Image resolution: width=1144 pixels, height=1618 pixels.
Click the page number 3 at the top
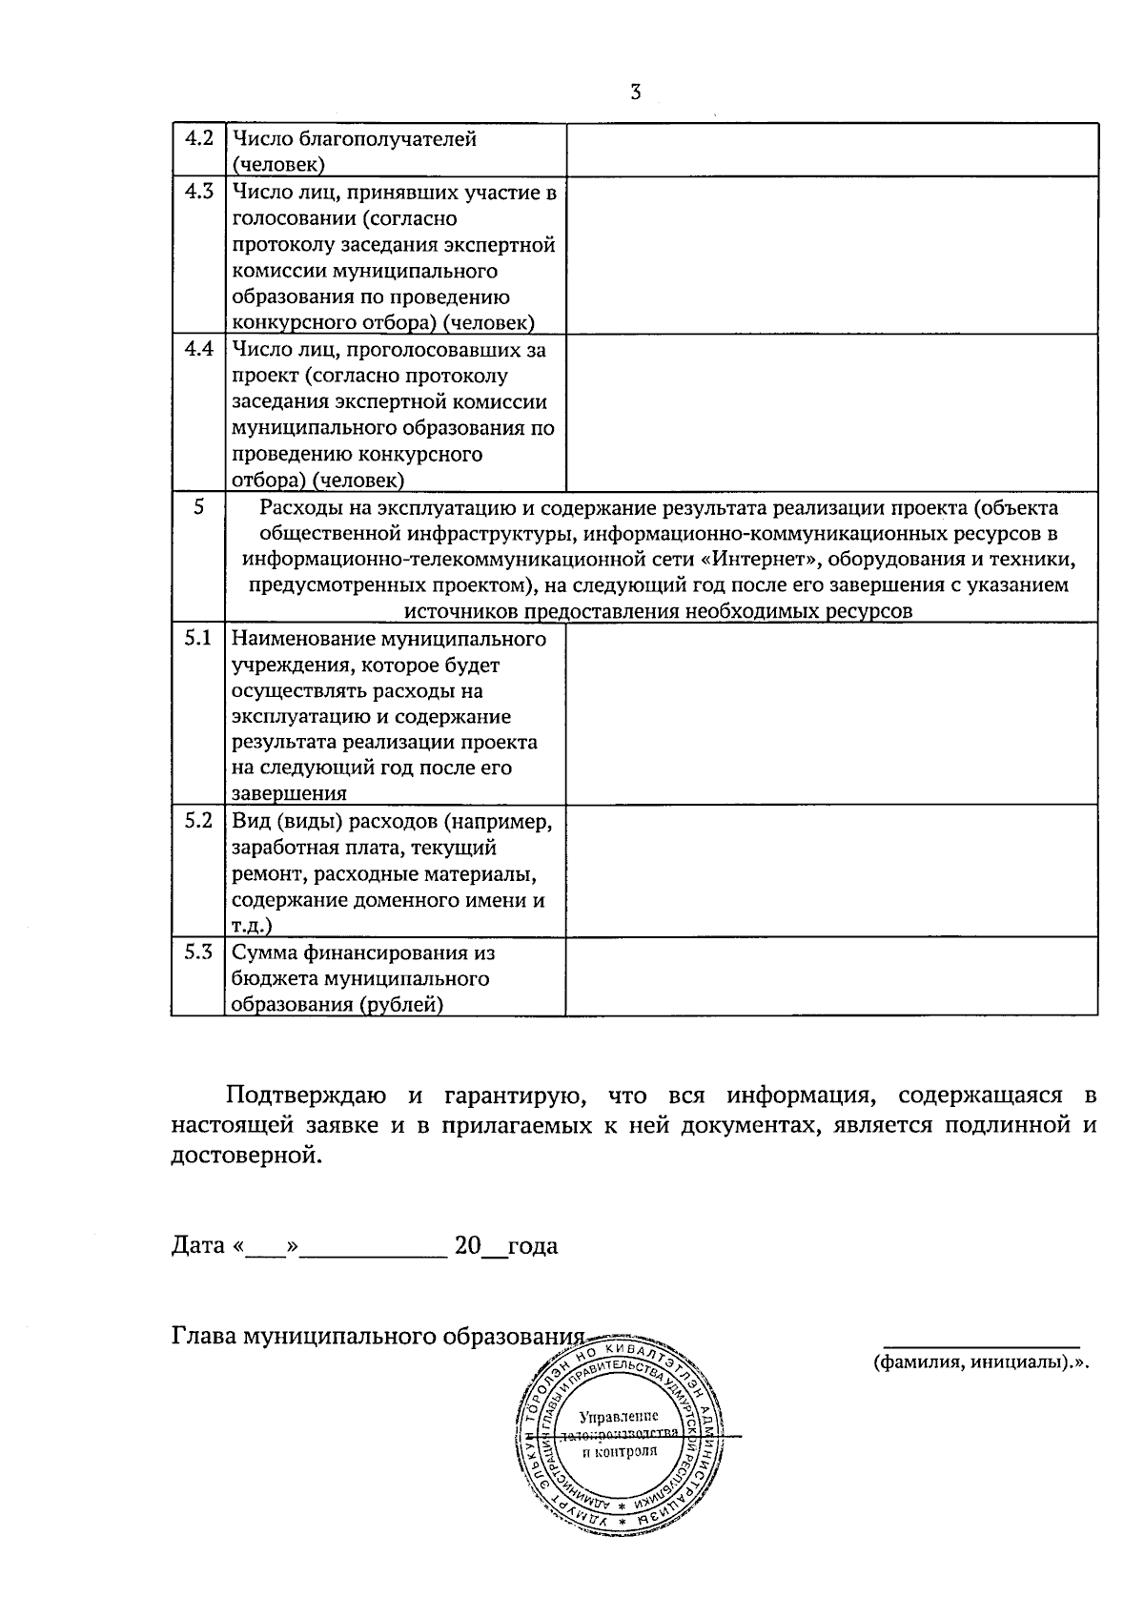[634, 92]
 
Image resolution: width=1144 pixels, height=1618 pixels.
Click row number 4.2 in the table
[198, 138]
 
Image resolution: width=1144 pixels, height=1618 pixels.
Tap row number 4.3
[198, 192]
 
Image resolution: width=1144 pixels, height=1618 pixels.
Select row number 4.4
[198, 349]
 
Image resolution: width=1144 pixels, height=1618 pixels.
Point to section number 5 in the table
[198, 508]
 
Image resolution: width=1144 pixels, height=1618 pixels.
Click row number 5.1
[198, 638]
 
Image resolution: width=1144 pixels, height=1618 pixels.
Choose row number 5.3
[198, 952]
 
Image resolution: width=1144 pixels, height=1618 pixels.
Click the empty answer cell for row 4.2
[831, 150]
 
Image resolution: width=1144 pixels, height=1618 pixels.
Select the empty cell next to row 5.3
[831, 977]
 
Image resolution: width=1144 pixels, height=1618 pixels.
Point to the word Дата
[197, 1245]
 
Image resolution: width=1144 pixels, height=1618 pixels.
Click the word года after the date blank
[533, 1245]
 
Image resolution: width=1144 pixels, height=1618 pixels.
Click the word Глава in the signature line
[203, 1336]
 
